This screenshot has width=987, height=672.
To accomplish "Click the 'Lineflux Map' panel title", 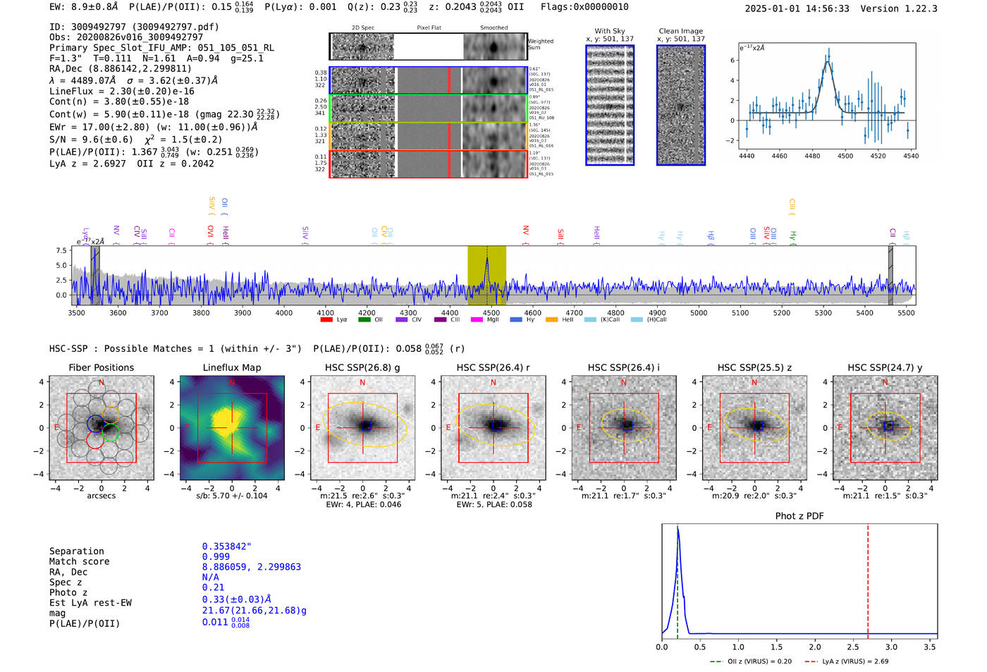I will (231, 367).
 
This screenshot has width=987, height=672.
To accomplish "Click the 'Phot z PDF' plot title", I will (799, 516).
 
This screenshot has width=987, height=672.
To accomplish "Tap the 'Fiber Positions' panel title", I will (101, 367).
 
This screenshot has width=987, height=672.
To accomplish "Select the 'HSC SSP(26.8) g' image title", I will (362, 367).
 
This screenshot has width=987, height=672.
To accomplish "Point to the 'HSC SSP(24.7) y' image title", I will (885, 367).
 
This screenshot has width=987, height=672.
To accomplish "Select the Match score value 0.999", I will (216, 556).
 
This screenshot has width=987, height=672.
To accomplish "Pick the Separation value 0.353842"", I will (226, 546).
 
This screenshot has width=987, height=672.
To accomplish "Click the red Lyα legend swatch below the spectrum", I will (326, 319).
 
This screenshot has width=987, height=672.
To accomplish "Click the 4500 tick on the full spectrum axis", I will (491, 312).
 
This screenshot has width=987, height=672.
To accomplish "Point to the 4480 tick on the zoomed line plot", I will (812, 156).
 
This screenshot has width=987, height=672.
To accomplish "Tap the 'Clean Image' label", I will (680, 31).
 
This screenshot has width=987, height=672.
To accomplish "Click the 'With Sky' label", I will (609, 31).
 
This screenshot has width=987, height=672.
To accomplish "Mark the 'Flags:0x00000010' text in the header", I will (584, 7).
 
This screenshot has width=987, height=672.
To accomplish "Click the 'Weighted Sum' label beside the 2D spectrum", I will (540, 44).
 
